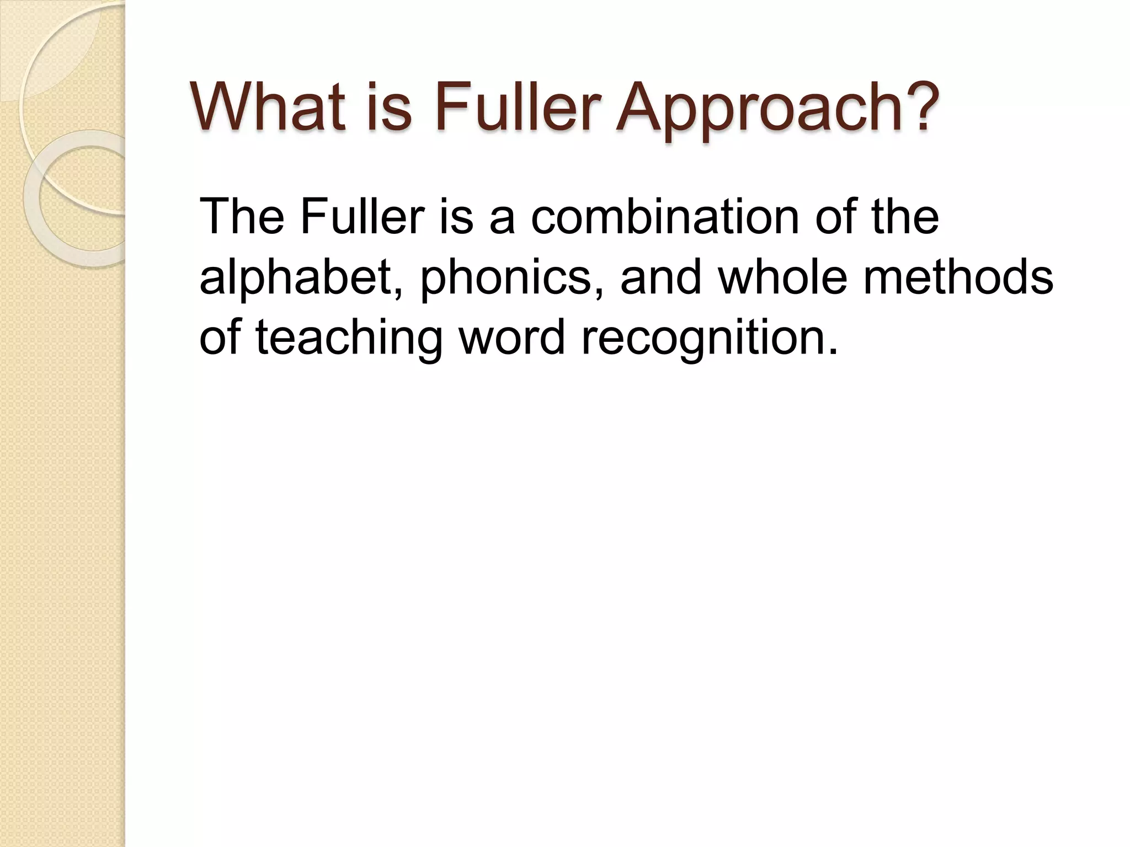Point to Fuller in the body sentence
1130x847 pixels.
[363, 216]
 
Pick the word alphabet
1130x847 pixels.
[300, 277]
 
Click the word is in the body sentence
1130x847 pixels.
[457, 216]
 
